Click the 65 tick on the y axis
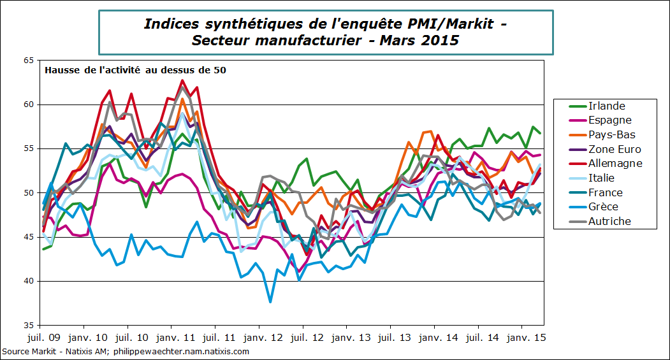(27, 61)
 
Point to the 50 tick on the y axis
(27, 192)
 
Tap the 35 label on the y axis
(27, 325)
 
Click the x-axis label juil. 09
(43, 337)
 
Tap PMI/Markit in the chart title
(449, 24)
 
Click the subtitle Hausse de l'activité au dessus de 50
(135, 70)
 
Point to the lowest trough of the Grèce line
(270, 301)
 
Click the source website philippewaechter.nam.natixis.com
(184, 351)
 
